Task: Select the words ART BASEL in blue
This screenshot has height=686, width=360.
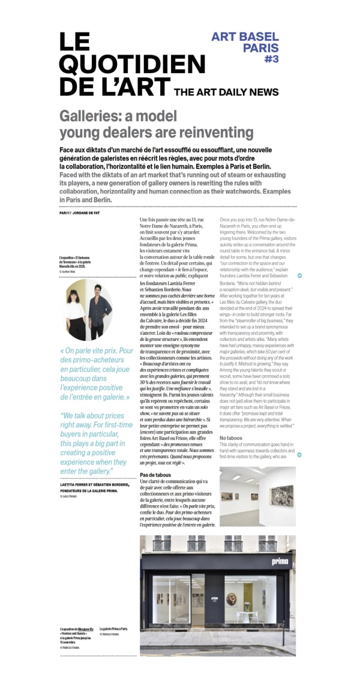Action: click(x=245, y=37)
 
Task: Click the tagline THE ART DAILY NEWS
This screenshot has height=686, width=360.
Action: click(x=226, y=92)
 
